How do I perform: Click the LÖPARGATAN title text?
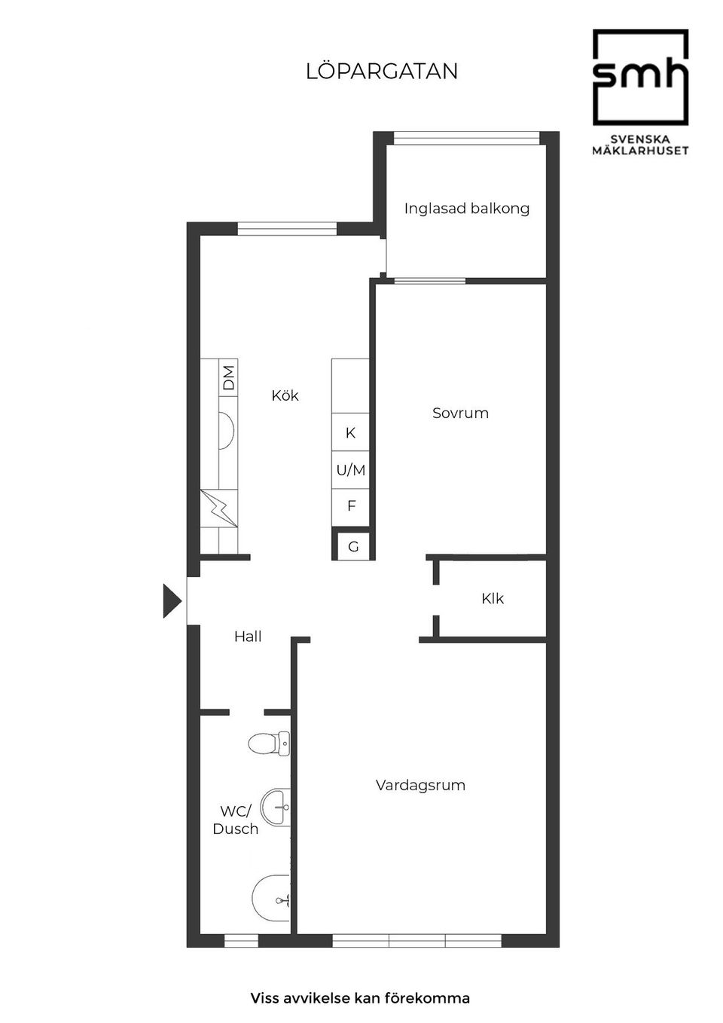pyautogui.click(x=382, y=72)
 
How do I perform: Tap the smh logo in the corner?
pyautogui.click(x=640, y=92)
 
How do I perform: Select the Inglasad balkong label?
pyautogui.click(x=466, y=209)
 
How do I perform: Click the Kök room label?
pyautogui.click(x=285, y=395)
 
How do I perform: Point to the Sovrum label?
pyautogui.click(x=460, y=413)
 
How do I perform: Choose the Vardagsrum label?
pyautogui.click(x=420, y=785)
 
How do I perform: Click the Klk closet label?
pyautogui.click(x=493, y=598)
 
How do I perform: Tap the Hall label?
pyautogui.click(x=247, y=637)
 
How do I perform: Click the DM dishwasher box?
pyautogui.click(x=228, y=377)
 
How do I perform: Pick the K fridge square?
pyautogui.click(x=350, y=432)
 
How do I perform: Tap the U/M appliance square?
pyautogui.click(x=350, y=470)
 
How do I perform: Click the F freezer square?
pyautogui.click(x=350, y=507)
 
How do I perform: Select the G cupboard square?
pyautogui.click(x=352, y=546)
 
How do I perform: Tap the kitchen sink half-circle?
pyautogui.click(x=227, y=430)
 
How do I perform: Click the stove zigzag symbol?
pyautogui.click(x=219, y=508)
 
